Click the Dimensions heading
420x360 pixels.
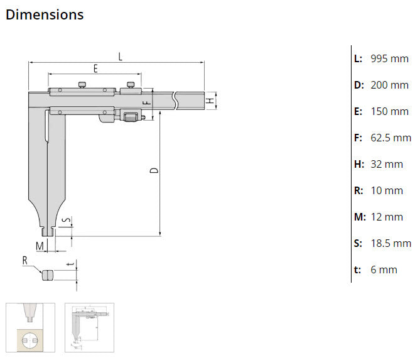pyautogui.click(x=44, y=14)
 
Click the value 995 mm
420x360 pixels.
pyautogui.click(x=389, y=58)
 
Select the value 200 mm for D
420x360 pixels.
pyautogui.click(x=389, y=85)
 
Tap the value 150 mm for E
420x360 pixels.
pyautogui.click(x=389, y=111)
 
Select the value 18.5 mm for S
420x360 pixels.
pyautogui.click(x=390, y=243)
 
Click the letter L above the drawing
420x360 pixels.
pyautogui.click(x=120, y=57)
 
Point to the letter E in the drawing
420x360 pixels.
pyautogui.click(x=95, y=68)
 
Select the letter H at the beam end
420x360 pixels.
pyautogui.click(x=212, y=100)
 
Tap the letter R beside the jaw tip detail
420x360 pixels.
pyautogui.click(x=25, y=259)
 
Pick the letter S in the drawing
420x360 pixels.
pyautogui.click(x=69, y=222)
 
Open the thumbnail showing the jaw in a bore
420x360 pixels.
pyautogui.click(x=30, y=327)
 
